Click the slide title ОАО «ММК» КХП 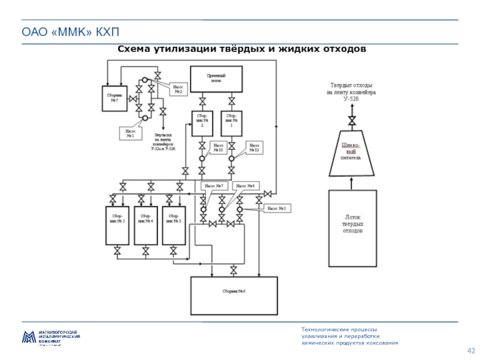coord(53,31)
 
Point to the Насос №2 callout coord(178,89)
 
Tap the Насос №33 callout coord(219,148)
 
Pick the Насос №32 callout coord(254,148)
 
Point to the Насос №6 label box coord(245,187)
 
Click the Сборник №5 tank coord(117,225)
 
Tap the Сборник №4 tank coord(146,225)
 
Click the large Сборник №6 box coord(234,291)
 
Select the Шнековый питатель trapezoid coord(351,153)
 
